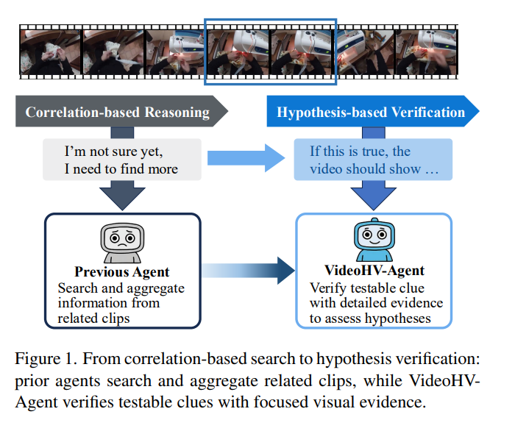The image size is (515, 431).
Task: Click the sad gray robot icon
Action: [122, 243]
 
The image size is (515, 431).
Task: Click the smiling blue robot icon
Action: [374, 239]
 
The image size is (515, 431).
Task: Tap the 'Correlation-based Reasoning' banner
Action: [121, 111]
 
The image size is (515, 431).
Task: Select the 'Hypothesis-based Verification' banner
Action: [373, 111]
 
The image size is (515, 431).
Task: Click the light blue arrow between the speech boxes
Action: [246, 158]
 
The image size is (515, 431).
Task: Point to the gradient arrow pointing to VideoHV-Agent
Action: [249, 271]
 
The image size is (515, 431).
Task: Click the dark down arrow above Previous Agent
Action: [122, 196]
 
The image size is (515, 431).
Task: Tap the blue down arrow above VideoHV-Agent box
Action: [374, 196]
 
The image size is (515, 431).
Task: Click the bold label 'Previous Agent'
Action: [122, 272]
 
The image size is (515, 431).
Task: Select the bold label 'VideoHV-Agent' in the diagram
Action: [374, 271]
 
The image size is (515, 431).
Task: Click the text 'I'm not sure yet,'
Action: [113, 152]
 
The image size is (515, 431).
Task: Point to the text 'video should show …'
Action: [374, 168]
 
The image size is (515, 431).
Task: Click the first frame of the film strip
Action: [50, 52]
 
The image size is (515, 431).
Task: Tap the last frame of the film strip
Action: [426, 52]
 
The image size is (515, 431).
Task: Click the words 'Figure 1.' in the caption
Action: [46, 359]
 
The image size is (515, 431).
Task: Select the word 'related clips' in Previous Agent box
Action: [93, 318]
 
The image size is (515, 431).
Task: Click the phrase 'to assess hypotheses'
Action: [370, 318]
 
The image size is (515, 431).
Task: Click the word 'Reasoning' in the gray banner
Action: [177, 113]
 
